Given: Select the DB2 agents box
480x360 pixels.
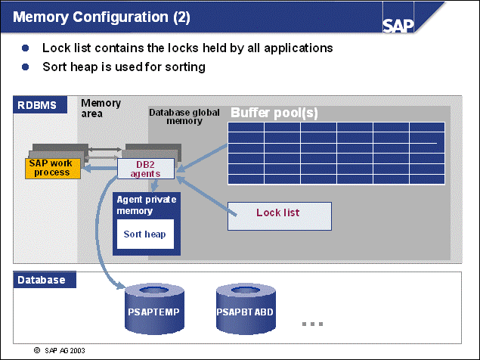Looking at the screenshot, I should click(146, 169).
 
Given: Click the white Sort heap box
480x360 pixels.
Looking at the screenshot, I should click(145, 234).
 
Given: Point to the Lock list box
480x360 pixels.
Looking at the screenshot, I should click(278, 213).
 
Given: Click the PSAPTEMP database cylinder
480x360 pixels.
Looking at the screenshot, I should click(154, 309).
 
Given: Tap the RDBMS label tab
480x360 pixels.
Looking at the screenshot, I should click(38, 105).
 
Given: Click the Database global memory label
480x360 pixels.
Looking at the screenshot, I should click(184, 116).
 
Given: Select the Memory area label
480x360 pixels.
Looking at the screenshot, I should click(101, 107).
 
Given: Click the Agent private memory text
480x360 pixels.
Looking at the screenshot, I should click(146, 205).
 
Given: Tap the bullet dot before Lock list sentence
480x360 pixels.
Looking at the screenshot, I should click(26, 48).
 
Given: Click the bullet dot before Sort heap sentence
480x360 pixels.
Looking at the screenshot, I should click(26, 67).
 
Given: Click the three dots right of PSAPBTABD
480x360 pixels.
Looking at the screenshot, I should click(312, 324).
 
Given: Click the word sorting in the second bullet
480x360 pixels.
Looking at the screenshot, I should click(184, 67).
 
